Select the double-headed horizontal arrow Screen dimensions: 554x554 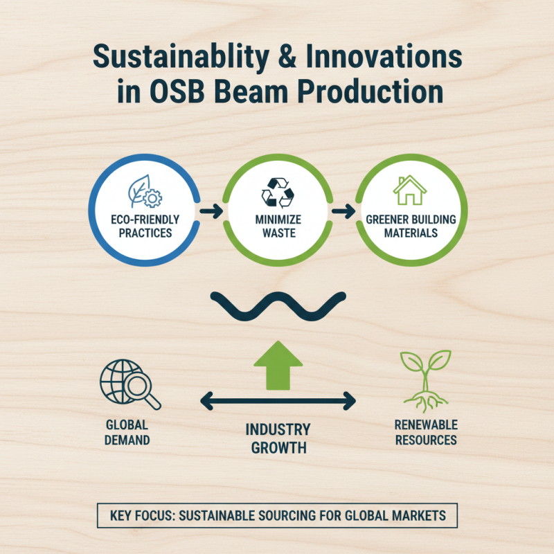[278, 401]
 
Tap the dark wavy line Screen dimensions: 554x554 [278, 305]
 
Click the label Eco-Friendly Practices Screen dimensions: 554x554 [145, 226]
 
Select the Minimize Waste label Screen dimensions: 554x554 [278, 226]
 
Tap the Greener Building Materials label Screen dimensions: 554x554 [411, 226]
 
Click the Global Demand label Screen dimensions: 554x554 [127, 432]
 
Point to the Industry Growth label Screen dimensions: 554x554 [278, 438]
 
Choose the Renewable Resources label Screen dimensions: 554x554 [426, 432]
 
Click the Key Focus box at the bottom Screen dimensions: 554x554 [277, 516]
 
